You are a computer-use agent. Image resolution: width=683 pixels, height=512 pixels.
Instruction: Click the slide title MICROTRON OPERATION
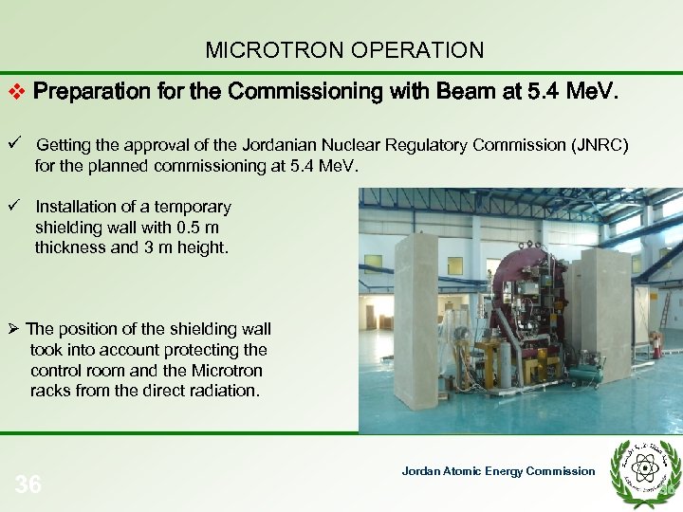pos(344,49)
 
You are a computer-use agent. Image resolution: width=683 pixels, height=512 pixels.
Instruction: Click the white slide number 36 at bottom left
pos(28,485)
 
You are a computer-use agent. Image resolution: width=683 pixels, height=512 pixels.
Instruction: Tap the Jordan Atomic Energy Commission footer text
pos(498,471)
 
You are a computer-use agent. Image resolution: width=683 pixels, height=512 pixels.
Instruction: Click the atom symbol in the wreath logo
pos(645,468)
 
